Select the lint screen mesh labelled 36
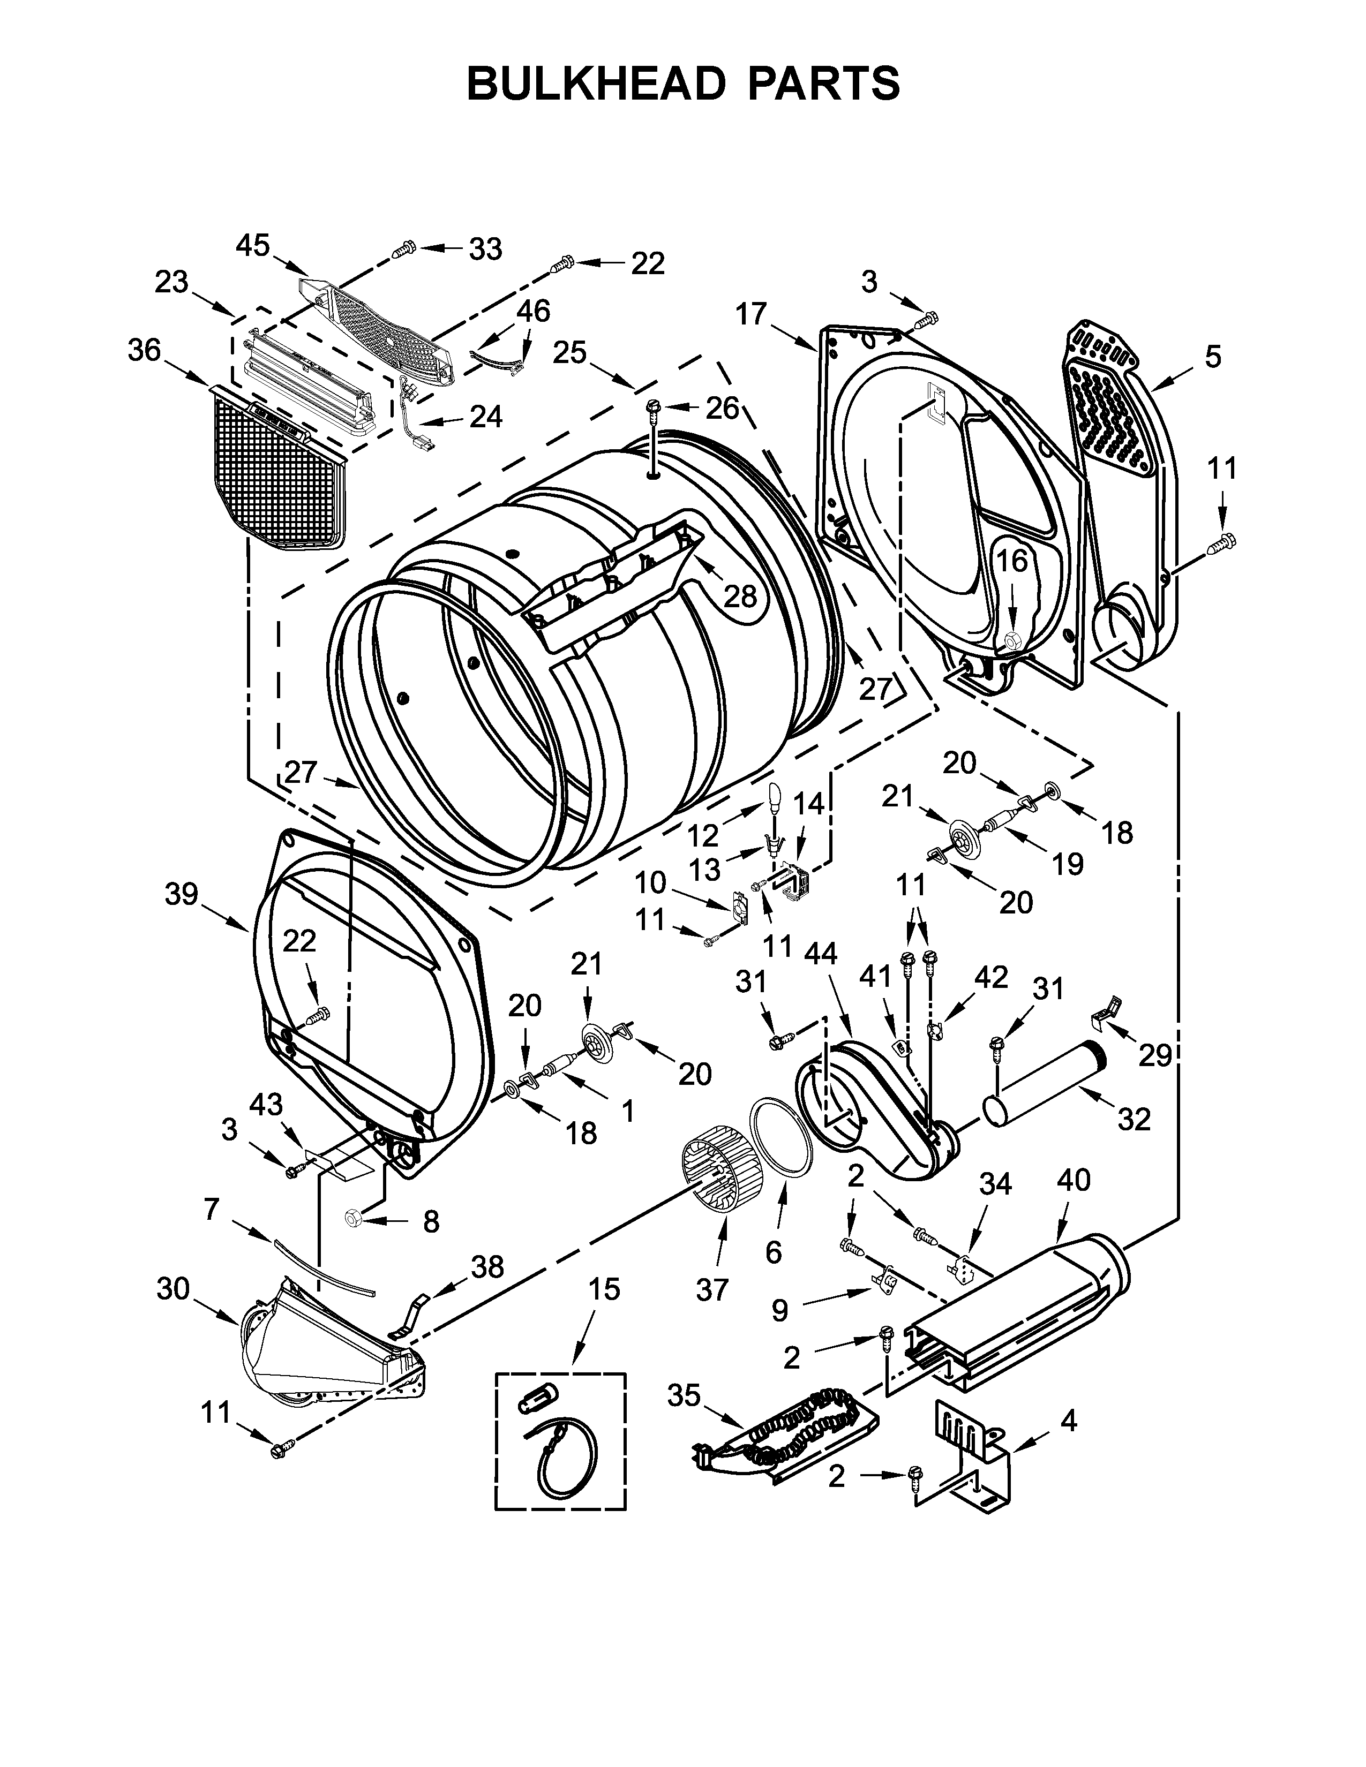pos(275,472)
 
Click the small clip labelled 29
pos(1106,1011)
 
